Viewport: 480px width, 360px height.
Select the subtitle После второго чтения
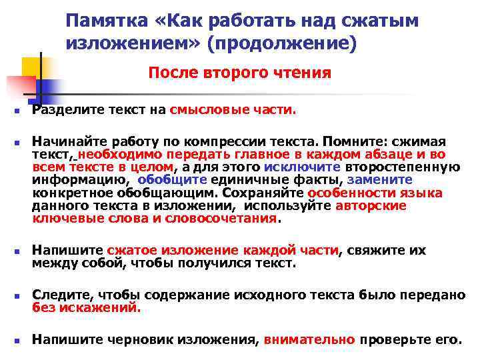point(239,72)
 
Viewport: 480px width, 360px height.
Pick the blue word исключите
point(302,167)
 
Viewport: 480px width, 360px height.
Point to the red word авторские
point(371,205)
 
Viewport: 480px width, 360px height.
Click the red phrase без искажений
point(87,307)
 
